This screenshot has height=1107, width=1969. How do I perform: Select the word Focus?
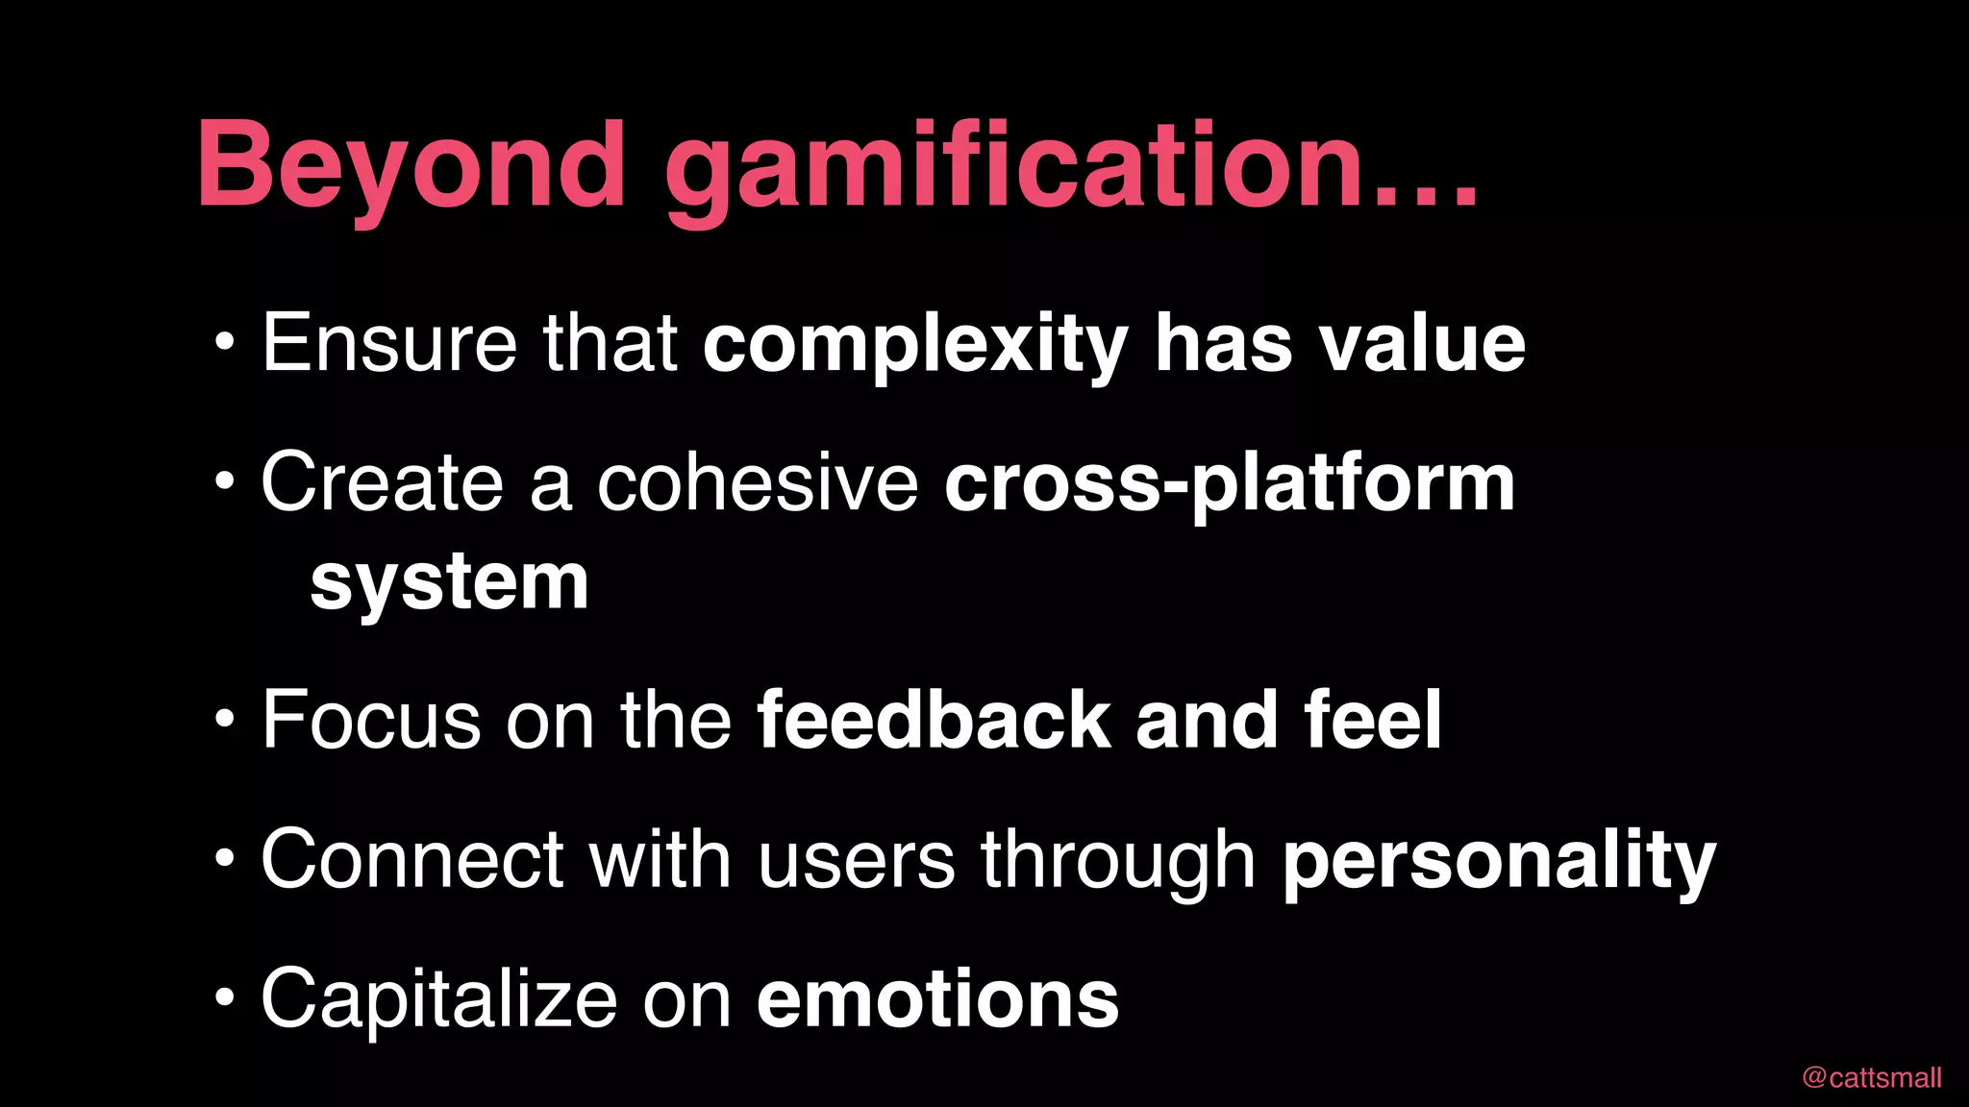click(x=371, y=720)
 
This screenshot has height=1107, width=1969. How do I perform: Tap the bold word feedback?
click(x=933, y=720)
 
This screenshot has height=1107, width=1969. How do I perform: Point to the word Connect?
click(x=412, y=859)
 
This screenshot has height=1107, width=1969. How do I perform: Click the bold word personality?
click(x=1500, y=861)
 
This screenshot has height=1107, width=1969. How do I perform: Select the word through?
click(x=1117, y=861)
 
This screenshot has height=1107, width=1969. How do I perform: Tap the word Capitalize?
click(x=438, y=999)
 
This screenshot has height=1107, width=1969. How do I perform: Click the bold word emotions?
click(x=937, y=999)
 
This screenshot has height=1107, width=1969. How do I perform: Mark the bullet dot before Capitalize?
click(x=224, y=996)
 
